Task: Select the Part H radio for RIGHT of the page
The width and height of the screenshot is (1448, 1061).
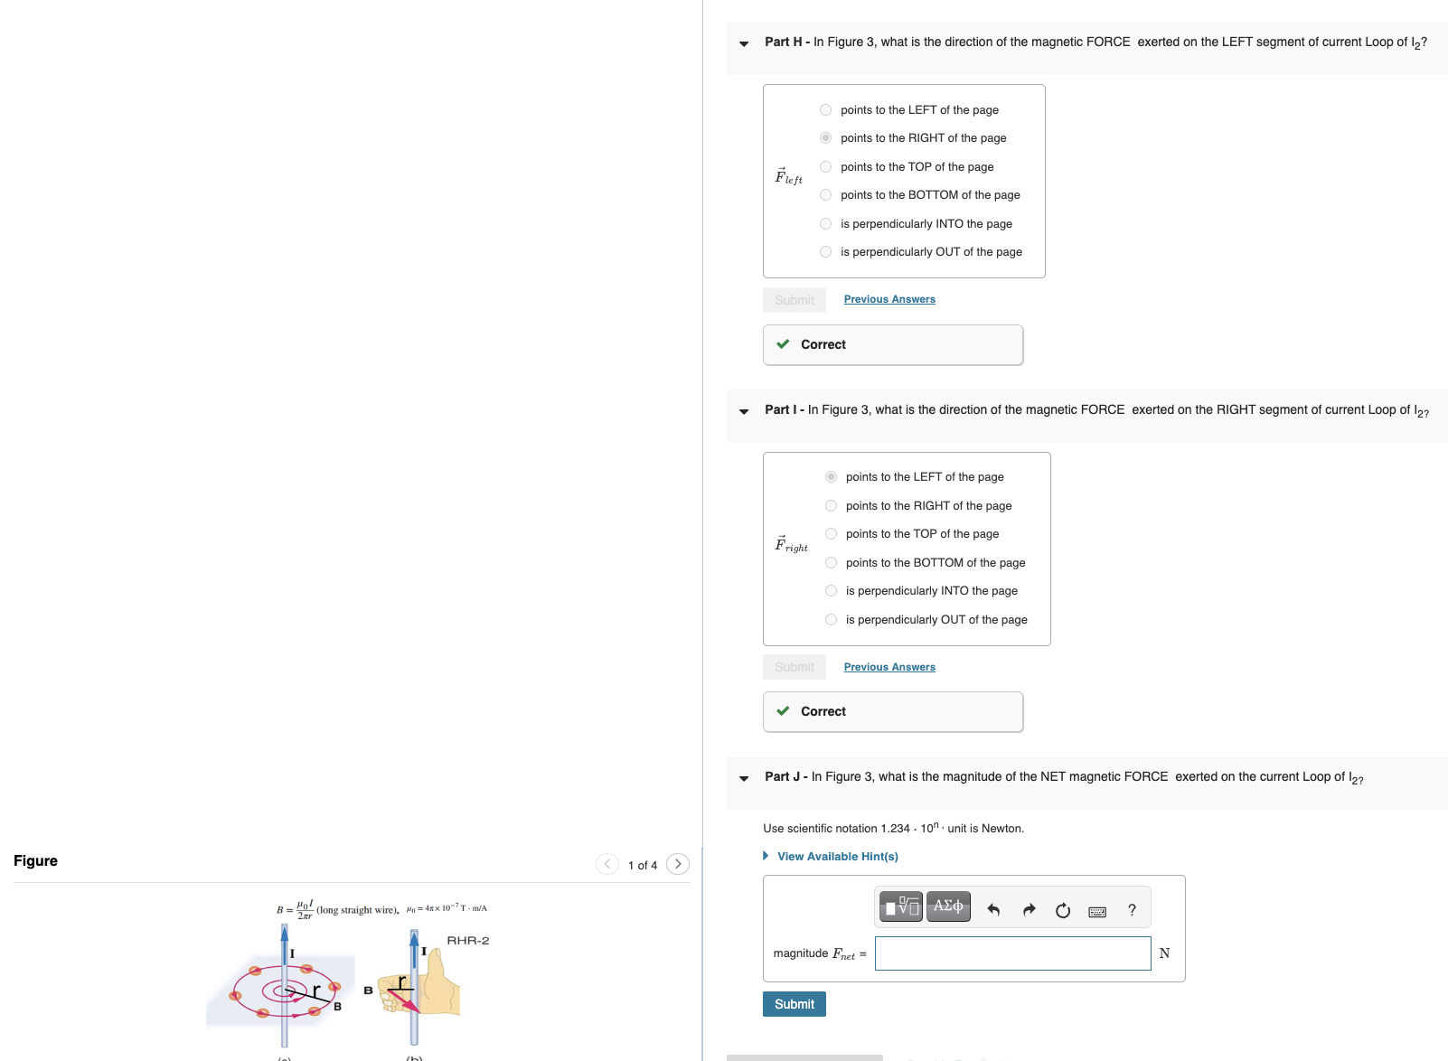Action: tap(825, 138)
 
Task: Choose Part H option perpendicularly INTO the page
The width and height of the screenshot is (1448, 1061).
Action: tap(825, 224)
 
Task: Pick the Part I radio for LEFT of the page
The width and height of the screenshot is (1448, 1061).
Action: tap(831, 477)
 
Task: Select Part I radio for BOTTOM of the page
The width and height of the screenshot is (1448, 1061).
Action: tap(831, 563)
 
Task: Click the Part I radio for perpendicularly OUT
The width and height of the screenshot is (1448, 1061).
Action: tap(831, 620)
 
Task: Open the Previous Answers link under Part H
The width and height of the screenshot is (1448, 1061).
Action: tap(889, 299)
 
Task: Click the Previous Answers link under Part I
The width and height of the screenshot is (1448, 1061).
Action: tap(889, 667)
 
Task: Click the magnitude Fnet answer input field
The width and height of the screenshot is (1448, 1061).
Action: tap(1012, 953)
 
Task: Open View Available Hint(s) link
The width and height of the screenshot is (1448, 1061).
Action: tap(837, 857)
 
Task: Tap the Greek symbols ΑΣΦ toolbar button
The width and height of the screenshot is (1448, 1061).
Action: tap(948, 906)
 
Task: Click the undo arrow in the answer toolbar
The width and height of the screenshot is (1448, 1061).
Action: tap(993, 910)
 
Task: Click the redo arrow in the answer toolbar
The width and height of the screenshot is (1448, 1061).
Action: tap(1029, 910)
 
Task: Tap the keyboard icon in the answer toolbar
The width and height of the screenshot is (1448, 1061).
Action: tap(1097, 912)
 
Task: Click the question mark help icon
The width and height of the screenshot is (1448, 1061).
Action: tap(1132, 910)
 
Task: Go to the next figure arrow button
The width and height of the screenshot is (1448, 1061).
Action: tap(678, 864)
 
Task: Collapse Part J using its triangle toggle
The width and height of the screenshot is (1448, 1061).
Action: tap(744, 778)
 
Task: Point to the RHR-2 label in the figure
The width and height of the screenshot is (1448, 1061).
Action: tap(468, 941)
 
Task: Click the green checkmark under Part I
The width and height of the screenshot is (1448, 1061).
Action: tap(783, 711)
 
